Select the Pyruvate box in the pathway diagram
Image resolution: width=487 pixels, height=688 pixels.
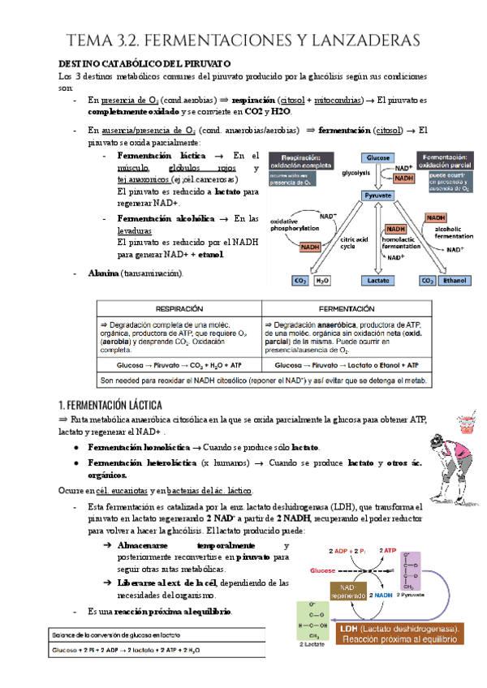point(378,196)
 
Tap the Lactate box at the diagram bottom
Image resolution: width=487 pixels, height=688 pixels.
point(378,281)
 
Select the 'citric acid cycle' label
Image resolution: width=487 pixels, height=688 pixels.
point(354,242)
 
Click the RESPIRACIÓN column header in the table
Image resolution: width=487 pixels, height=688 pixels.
point(179,308)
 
